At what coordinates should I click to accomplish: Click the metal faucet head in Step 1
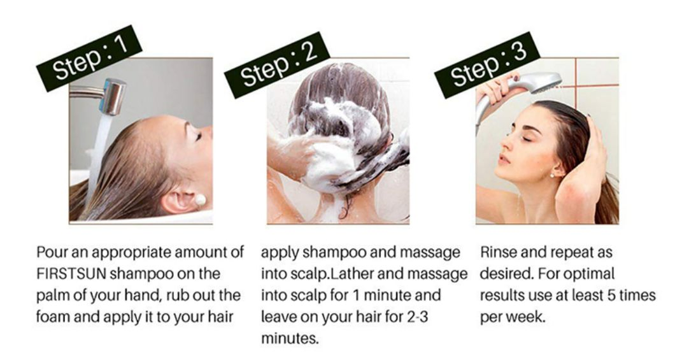pos(113,96)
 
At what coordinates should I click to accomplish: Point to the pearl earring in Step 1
pos(200,200)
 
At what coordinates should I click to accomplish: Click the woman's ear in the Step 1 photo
pos(181,199)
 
